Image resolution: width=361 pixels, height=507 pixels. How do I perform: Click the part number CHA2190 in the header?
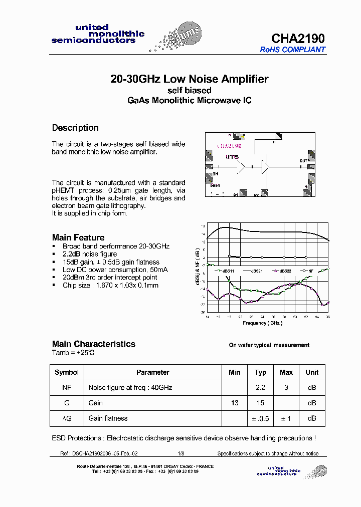pyautogui.click(x=298, y=39)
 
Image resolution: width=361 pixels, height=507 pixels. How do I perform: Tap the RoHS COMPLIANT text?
pyautogui.click(x=292, y=50)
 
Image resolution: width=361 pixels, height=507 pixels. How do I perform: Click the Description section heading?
pyautogui.click(x=75, y=128)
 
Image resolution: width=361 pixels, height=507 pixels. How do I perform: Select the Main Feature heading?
pyautogui.click(x=78, y=237)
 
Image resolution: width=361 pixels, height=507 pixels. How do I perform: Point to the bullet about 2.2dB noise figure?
pyautogui.click(x=89, y=254)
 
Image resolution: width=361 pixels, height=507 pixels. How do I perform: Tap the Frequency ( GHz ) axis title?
pyautogui.click(x=263, y=323)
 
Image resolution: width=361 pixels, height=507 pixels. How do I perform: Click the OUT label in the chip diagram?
pyautogui.click(x=303, y=161)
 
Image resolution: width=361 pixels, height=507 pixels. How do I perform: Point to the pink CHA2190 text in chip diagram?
pyautogui.click(x=230, y=146)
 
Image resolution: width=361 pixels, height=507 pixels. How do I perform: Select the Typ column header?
pyautogui.click(x=260, y=372)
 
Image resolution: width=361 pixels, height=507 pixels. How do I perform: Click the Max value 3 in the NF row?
pyautogui.click(x=286, y=388)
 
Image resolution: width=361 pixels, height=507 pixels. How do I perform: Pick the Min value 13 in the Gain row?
pyautogui.click(x=234, y=403)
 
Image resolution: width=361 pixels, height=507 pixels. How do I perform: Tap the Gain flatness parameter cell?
pyautogui.click(x=108, y=418)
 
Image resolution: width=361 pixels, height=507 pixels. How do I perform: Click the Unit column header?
pyautogui.click(x=312, y=372)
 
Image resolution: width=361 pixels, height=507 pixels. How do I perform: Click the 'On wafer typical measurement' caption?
pyautogui.click(x=269, y=345)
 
